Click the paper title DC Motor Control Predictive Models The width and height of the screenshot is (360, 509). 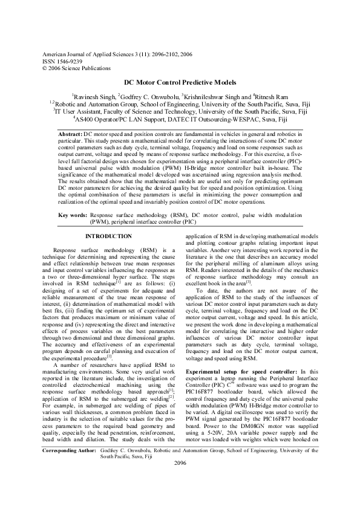coord(180,82)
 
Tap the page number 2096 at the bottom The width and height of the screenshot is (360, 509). coord(180,496)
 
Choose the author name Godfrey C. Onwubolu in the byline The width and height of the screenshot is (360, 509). coord(152,97)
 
